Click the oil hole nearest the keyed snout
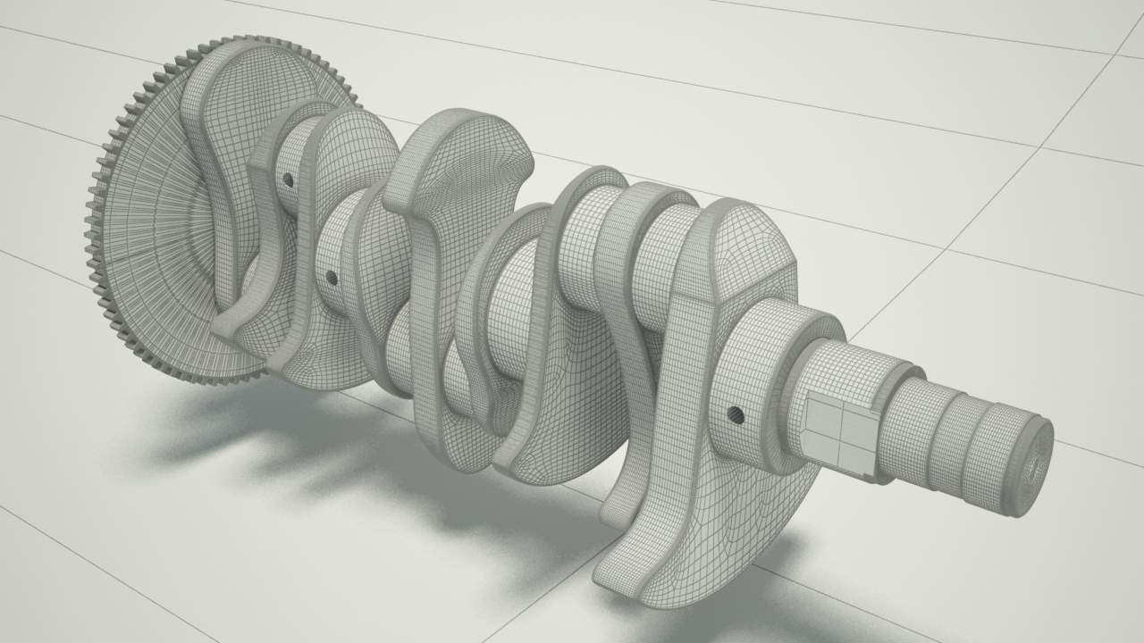736,413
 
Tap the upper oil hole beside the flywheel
288,180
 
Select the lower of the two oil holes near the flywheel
332,278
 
